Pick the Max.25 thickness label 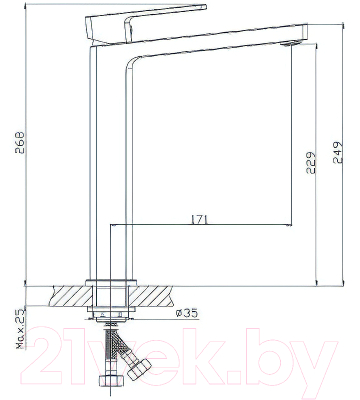click(x=18, y=324)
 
